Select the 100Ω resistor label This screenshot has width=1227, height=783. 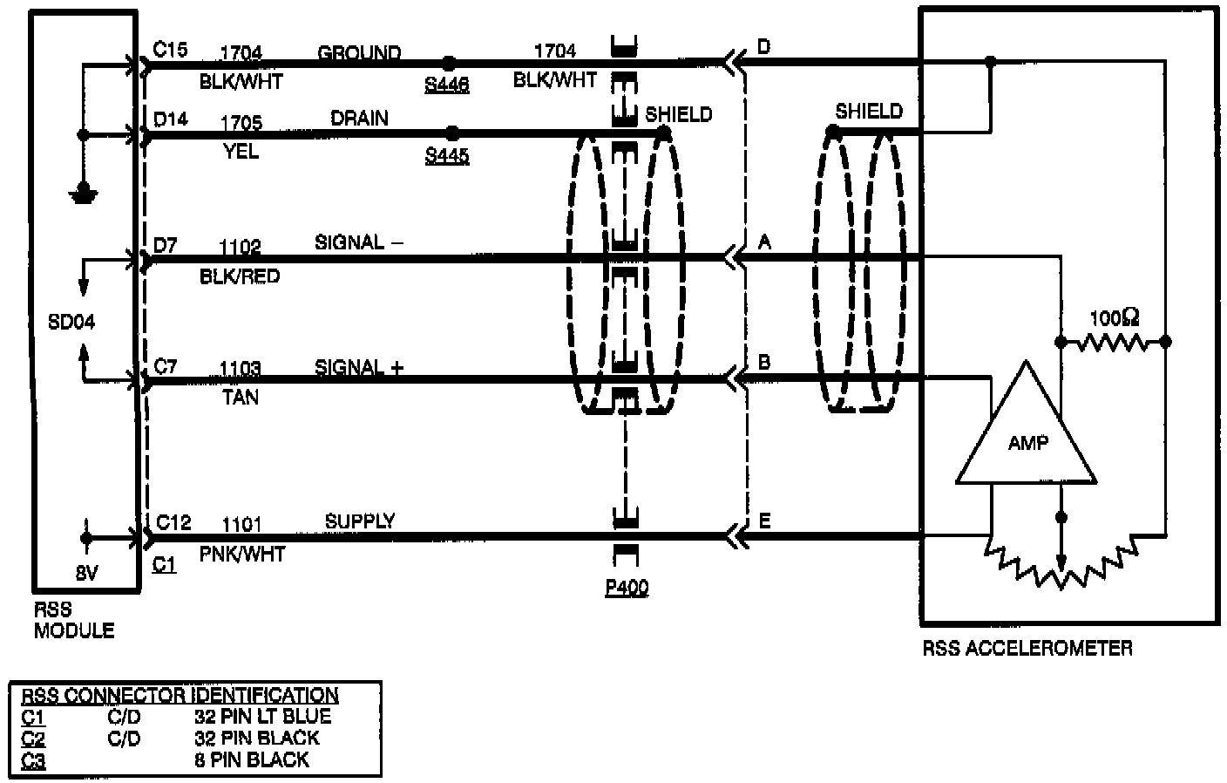click(1115, 318)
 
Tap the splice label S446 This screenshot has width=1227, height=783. click(447, 85)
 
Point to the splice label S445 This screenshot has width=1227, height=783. click(447, 155)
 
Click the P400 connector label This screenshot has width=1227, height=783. click(627, 588)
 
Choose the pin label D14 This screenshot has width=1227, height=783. click(171, 118)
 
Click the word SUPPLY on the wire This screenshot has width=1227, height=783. click(360, 521)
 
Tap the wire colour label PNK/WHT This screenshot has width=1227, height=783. click(242, 554)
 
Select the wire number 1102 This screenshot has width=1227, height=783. click(241, 247)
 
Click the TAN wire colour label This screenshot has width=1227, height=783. click(241, 398)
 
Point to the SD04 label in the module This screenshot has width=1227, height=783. click(71, 322)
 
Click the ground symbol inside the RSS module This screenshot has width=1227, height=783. click(84, 194)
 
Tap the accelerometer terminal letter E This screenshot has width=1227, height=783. click(764, 521)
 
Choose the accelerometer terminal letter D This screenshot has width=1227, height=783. click(764, 46)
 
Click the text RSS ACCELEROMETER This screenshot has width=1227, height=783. click(1027, 648)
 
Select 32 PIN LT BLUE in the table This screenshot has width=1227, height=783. click(263, 717)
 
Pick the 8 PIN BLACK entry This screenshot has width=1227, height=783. click(252, 759)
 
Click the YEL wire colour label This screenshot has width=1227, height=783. click(241, 152)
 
